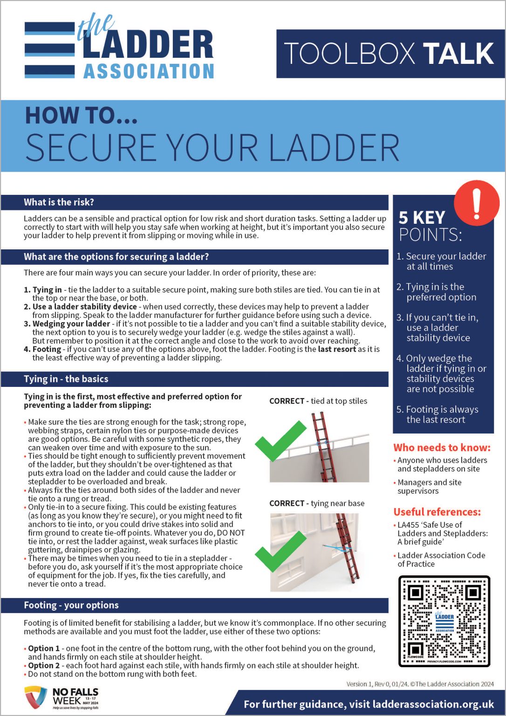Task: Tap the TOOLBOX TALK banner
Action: (x=390, y=54)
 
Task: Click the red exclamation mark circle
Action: (x=476, y=204)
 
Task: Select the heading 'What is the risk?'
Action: (x=59, y=202)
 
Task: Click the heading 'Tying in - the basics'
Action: (x=66, y=379)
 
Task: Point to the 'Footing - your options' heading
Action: (x=71, y=605)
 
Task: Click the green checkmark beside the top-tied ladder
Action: (x=280, y=441)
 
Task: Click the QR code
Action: (x=444, y=620)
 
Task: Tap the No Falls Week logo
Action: (x=62, y=698)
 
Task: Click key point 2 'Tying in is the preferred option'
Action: (x=437, y=292)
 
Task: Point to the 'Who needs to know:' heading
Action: (x=442, y=447)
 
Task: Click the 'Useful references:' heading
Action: (x=437, y=512)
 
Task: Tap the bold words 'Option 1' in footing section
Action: (x=44, y=648)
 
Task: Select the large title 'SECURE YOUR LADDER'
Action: (x=212, y=148)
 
